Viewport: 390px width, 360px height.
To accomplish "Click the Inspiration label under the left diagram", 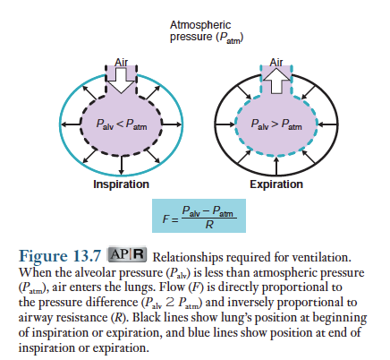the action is [x=121, y=184].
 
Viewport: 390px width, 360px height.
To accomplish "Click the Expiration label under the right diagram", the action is [x=276, y=184].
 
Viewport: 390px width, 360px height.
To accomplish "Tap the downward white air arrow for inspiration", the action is [x=121, y=80].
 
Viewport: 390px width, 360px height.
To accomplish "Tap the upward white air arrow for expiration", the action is [x=276, y=80].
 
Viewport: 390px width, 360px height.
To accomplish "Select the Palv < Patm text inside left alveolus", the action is [x=122, y=124].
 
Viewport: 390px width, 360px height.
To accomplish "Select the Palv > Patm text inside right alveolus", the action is [x=276, y=124].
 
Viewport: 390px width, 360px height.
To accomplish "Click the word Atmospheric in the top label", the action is [x=200, y=25].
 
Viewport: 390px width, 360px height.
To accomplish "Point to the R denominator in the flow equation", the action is [x=209, y=225].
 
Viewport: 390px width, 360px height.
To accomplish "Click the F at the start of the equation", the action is [x=165, y=219].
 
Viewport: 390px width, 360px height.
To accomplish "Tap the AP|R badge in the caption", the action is [x=127, y=254].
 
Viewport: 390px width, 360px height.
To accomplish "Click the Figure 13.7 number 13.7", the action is [x=87, y=256].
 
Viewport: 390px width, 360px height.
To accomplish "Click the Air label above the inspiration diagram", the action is [x=121, y=63].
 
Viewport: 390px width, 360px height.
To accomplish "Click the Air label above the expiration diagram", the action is [x=276, y=63].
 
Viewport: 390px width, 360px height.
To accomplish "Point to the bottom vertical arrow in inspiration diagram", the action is [x=121, y=165].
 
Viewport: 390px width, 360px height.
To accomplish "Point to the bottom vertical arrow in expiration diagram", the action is [x=276, y=166].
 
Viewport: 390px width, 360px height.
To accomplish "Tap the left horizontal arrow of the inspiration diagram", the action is [x=71, y=124].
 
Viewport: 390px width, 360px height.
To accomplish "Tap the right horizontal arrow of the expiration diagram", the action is [x=327, y=124].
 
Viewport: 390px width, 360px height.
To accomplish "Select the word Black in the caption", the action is [x=146, y=317].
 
